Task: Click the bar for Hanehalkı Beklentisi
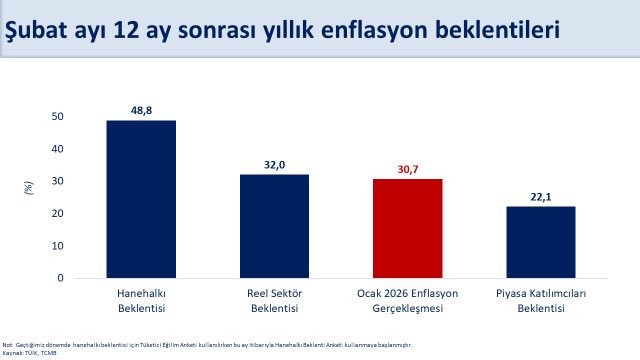pyautogui.click(x=141, y=199)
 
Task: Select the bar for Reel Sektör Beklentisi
pyautogui.click(x=274, y=226)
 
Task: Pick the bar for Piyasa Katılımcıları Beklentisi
pyautogui.click(x=540, y=242)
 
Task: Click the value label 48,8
pyautogui.click(x=141, y=109)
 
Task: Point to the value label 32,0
pyautogui.click(x=274, y=163)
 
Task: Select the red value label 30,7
pyautogui.click(x=407, y=168)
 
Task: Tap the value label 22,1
pyautogui.click(x=540, y=196)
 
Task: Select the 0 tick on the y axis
pyautogui.click(x=60, y=278)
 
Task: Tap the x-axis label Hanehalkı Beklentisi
pyautogui.click(x=141, y=301)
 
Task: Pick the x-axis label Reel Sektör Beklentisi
pyautogui.click(x=274, y=301)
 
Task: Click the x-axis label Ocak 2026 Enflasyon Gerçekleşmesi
pyautogui.click(x=407, y=301)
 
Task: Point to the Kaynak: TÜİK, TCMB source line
pyautogui.click(x=30, y=352)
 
